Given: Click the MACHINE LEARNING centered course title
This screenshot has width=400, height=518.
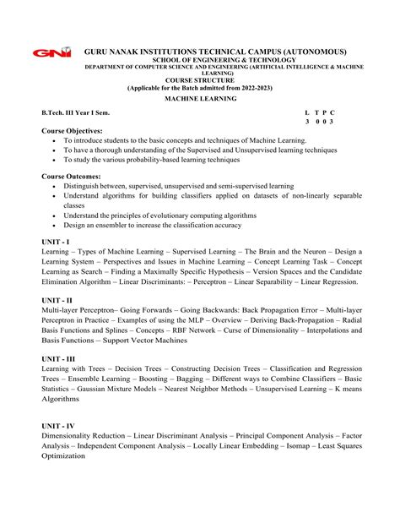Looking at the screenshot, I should tap(200, 99).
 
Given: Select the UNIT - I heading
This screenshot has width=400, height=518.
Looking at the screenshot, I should tap(56, 242).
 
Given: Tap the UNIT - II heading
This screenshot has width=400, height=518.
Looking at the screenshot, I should tap(57, 300).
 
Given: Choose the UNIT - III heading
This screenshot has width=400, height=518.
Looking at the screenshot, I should tap(59, 358).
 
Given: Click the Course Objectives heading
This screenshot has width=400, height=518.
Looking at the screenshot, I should tap(72, 131).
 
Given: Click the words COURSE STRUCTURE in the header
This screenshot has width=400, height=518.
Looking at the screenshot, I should tap(199, 80).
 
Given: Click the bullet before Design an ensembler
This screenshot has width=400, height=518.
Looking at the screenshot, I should tap(54, 225).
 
